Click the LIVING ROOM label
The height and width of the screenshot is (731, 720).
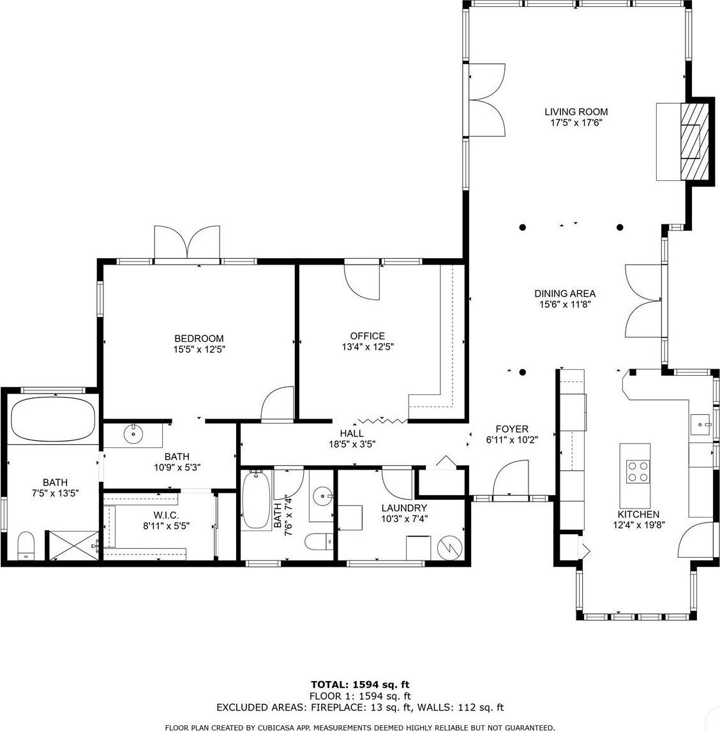click(x=576, y=112)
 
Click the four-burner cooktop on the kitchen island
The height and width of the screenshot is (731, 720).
click(x=635, y=472)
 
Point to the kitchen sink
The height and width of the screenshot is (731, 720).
click(x=701, y=423)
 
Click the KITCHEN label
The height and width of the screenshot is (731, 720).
click(x=638, y=514)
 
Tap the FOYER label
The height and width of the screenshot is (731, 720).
click(x=513, y=429)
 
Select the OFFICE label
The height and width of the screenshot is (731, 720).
click(x=367, y=336)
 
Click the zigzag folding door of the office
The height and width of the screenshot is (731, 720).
click(x=382, y=420)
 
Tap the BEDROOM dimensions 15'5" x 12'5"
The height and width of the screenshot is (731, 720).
click(x=199, y=350)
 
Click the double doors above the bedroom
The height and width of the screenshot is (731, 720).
click(x=188, y=243)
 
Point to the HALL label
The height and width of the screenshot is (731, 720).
click(x=352, y=433)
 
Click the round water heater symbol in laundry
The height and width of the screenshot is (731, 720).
click(x=449, y=547)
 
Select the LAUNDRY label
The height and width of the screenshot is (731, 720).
click(x=404, y=508)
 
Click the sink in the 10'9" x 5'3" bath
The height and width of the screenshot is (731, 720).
click(x=133, y=435)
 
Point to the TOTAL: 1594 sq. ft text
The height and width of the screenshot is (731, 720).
click(x=361, y=684)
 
